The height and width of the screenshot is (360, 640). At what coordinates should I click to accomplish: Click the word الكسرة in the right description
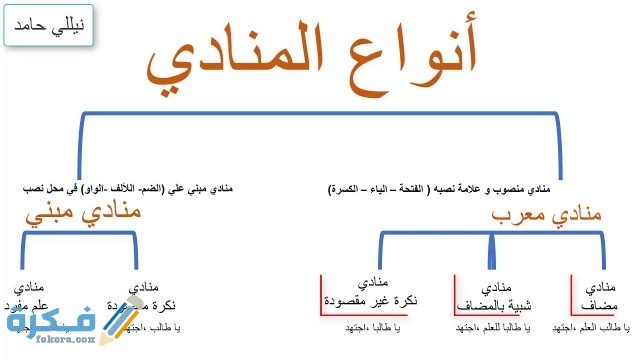[347, 187]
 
